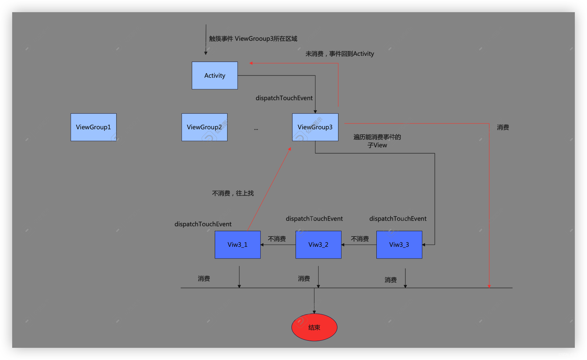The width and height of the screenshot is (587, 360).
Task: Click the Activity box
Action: point(215,75)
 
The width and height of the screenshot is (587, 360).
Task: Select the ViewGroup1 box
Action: point(93,127)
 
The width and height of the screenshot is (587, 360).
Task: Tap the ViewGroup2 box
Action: point(204,127)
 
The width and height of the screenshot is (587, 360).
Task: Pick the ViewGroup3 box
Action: point(315,127)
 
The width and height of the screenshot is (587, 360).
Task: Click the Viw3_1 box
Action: point(238,245)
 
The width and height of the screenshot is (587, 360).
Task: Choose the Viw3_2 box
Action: point(319,245)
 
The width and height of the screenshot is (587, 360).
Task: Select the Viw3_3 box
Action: point(399,245)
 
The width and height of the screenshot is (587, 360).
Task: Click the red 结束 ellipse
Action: point(314,327)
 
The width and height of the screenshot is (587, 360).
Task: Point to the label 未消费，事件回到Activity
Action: point(340,54)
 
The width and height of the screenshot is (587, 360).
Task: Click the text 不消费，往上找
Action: point(233,193)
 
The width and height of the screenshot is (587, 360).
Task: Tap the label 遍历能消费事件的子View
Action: point(377,141)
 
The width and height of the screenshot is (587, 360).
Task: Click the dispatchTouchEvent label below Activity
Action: point(284,98)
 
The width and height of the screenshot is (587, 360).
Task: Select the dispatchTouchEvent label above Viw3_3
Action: point(398,219)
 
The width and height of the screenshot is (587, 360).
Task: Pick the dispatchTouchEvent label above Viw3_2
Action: point(314,219)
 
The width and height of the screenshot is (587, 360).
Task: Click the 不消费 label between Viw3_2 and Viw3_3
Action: point(360,239)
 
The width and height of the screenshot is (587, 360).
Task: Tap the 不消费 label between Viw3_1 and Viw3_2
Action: point(277,239)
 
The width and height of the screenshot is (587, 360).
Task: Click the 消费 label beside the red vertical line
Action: point(503,127)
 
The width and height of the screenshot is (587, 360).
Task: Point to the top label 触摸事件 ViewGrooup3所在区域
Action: point(253,39)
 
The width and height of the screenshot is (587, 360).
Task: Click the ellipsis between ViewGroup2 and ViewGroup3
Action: point(256,129)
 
